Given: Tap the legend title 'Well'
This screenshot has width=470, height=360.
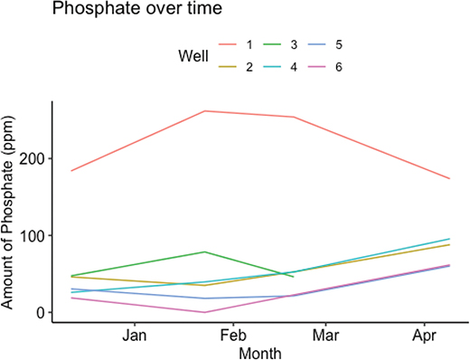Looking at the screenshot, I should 193,55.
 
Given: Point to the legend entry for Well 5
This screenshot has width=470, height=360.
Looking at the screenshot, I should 364,44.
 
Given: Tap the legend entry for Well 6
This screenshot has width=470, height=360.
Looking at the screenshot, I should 364,67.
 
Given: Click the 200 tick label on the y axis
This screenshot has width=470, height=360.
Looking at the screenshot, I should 33,159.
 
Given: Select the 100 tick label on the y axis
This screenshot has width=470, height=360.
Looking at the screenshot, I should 33,236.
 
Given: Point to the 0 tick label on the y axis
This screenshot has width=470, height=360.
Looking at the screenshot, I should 41,313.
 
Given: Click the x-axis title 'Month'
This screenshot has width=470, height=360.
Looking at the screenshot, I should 259,353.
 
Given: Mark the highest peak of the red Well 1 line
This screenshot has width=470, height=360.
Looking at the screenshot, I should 205,111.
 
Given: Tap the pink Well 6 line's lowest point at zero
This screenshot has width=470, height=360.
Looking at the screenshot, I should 205,312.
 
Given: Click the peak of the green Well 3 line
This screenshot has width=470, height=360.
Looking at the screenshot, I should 205,251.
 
